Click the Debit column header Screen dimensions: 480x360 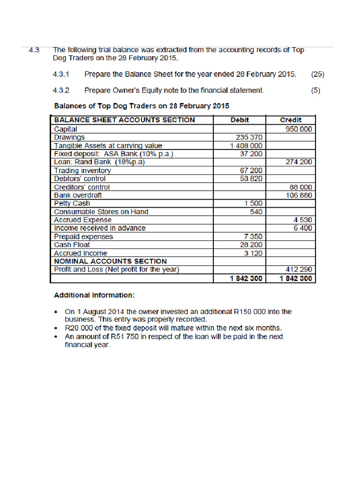tap(240, 120)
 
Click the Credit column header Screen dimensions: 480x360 tap(291, 120)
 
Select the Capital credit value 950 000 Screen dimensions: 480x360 tap(299, 129)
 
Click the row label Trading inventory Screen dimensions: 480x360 tap(82, 171)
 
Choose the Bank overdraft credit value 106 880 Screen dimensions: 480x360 tap(299, 195)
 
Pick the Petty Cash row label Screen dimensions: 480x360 tap(72, 203)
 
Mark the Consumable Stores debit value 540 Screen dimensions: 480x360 tap(255, 212)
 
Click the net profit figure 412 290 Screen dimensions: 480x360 tap(299, 270)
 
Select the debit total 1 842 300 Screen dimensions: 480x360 tap(246, 278)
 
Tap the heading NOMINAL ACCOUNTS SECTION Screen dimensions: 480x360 tap(110, 261)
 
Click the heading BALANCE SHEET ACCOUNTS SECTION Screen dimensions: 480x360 tap(124, 120)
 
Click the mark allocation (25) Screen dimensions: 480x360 tap(317, 74)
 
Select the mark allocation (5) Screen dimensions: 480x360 tap(315, 90)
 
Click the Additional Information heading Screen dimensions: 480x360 tap(94, 295)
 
